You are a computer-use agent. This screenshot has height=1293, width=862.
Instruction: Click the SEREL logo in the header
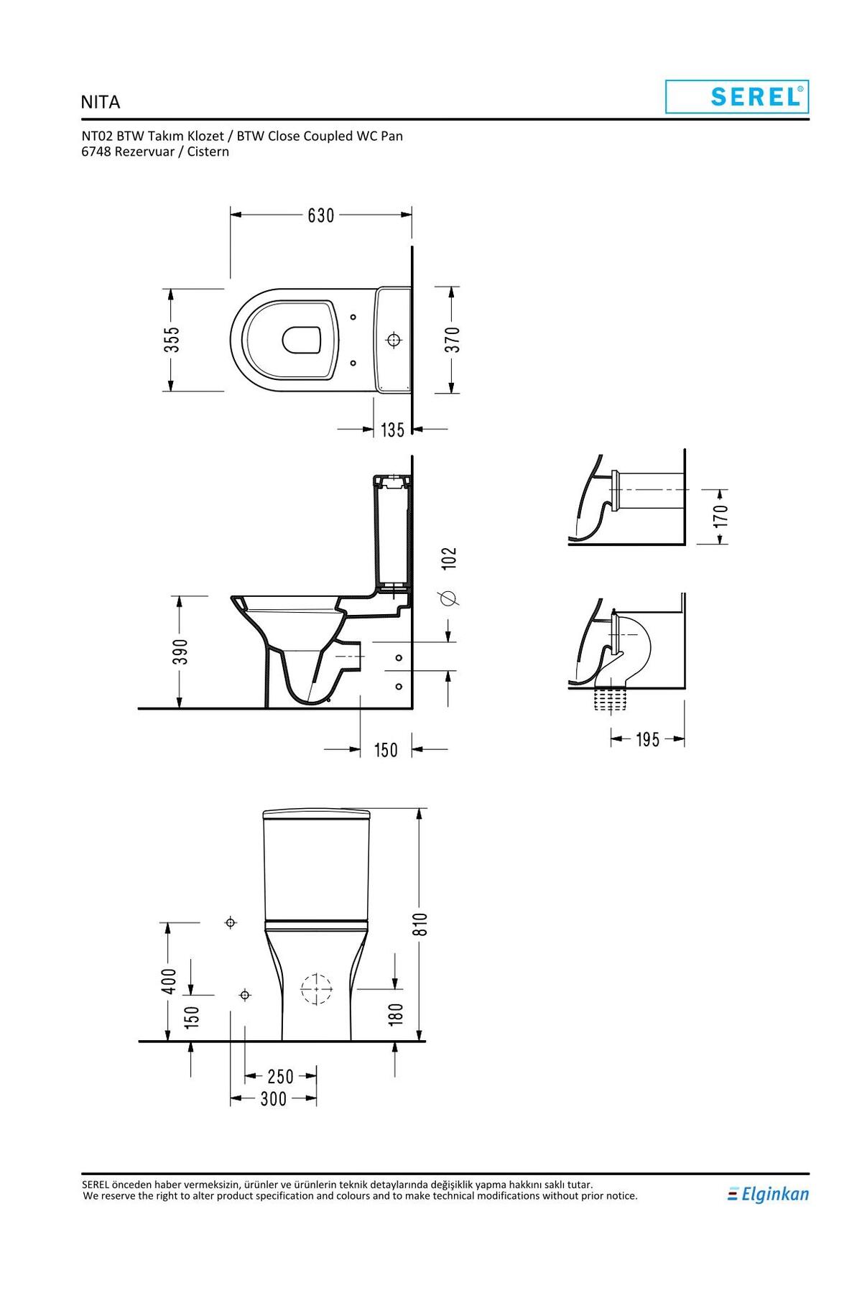pos(737,96)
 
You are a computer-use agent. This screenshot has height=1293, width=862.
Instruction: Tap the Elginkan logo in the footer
pos(768,1194)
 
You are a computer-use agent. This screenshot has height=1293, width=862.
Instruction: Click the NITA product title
pos(101,102)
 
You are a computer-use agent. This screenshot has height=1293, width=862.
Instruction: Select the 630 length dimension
pos(321,215)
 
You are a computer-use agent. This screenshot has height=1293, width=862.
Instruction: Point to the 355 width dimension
pos(171,340)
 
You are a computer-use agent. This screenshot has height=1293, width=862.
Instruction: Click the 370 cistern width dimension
pos(452,340)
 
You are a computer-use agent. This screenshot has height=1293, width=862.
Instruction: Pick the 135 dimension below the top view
pos(393,430)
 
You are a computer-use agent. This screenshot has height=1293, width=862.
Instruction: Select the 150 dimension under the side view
pos(386,750)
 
